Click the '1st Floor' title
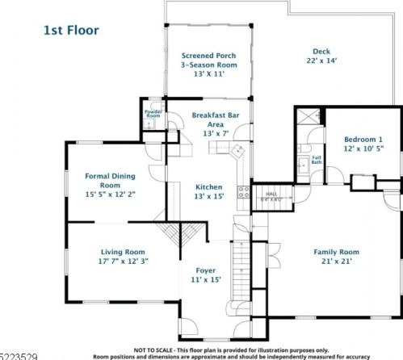[71, 31]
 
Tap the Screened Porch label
[209, 56]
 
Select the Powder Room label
[153, 115]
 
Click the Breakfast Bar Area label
[214, 120]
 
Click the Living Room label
[123, 251]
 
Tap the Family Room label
[336, 251]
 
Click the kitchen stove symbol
[241, 191]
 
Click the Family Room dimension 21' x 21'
[336, 262]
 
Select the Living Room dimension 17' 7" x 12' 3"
[123, 262]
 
